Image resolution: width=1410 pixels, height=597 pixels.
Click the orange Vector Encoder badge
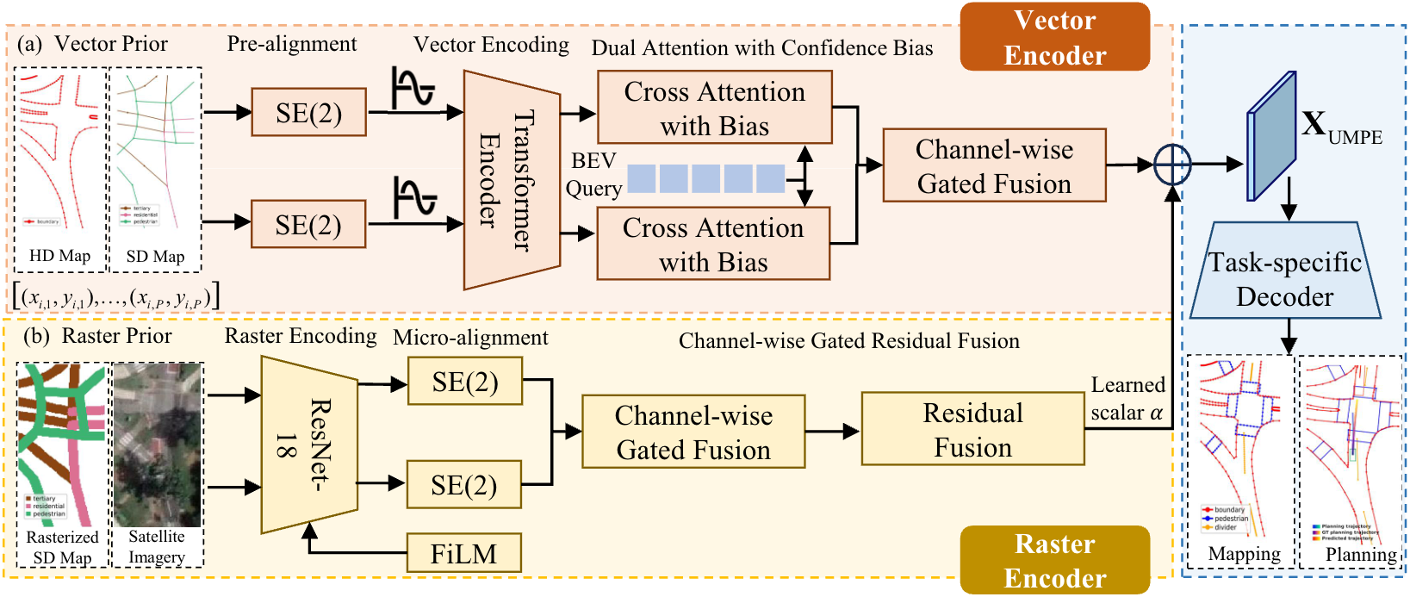point(1054,37)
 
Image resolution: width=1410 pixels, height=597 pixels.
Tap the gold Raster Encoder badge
point(1054,560)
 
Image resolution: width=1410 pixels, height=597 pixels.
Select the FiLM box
point(464,553)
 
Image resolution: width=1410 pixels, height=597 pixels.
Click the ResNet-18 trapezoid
point(308,445)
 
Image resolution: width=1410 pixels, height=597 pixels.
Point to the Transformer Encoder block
point(511,180)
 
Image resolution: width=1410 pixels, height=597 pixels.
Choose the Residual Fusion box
point(972,430)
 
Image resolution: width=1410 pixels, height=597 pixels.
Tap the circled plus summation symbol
point(1172,164)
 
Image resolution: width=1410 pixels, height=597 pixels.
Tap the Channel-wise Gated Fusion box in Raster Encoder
point(693,432)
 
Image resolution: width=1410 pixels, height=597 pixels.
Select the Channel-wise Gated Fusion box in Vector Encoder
point(994,166)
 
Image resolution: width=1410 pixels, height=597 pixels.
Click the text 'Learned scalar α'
point(1127,399)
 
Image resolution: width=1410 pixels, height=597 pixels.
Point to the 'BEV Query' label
point(593,175)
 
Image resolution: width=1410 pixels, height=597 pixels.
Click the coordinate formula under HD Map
point(117,297)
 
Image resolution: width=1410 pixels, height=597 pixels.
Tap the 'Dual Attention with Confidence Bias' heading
point(761,48)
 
